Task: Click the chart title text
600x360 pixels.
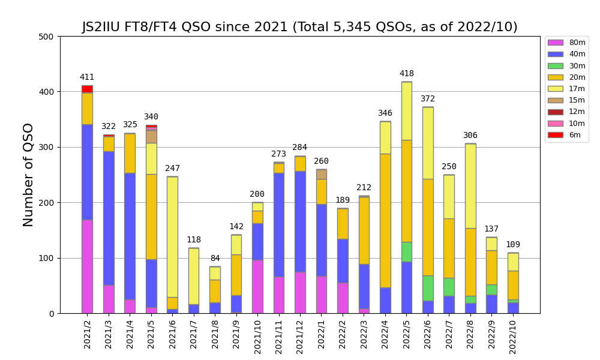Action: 299,27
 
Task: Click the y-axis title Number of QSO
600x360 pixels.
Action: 28,175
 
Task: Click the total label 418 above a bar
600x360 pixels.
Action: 406,74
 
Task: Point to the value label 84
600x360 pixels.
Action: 215,259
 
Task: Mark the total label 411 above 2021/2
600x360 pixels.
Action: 87,77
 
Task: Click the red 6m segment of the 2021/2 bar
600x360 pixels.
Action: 87,89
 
